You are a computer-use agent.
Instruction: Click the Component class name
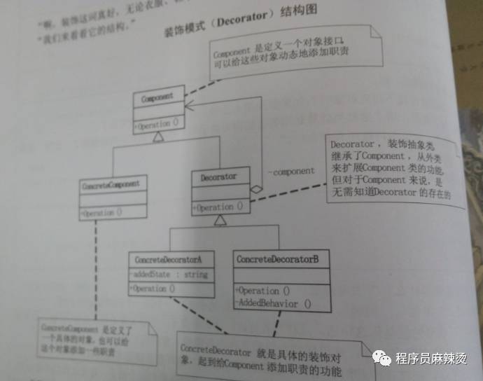pyautogui.click(x=157, y=99)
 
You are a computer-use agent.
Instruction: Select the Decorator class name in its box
pyautogui.click(x=218, y=176)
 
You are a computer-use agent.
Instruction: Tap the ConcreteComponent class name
pyautogui.click(x=111, y=184)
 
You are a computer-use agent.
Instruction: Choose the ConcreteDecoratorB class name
pyautogui.click(x=277, y=259)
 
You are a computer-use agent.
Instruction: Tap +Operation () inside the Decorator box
pyautogui.click(x=220, y=207)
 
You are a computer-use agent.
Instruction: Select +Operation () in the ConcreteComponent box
pyautogui.click(x=102, y=212)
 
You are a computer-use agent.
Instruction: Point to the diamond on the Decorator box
pyautogui.click(x=258, y=188)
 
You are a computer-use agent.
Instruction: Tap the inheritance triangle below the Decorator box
pyautogui.click(x=220, y=221)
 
